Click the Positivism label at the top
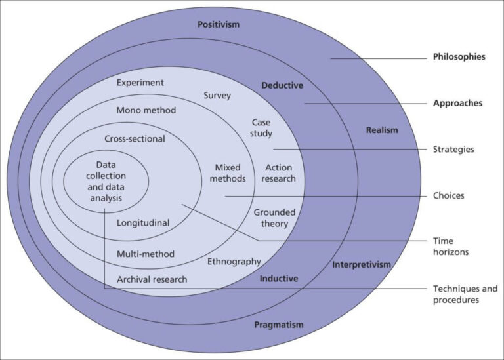click(x=219, y=24)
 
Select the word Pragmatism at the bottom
click(x=279, y=325)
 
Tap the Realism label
click(x=382, y=130)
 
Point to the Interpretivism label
click(x=362, y=264)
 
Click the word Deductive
click(x=282, y=85)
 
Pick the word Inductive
click(x=279, y=279)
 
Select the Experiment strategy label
click(x=140, y=83)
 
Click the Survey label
click(x=217, y=96)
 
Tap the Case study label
click(x=262, y=128)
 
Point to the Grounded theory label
click(x=274, y=218)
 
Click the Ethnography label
click(x=234, y=262)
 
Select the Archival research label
click(x=152, y=279)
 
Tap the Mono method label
click(x=146, y=110)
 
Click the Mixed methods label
click(x=230, y=173)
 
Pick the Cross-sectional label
click(x=135, y=139)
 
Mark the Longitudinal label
click(x=143, y=223)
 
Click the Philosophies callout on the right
click(x=459, y=57)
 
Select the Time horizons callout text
click(x=452, y=247)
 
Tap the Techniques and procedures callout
click(x=465, y=294)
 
